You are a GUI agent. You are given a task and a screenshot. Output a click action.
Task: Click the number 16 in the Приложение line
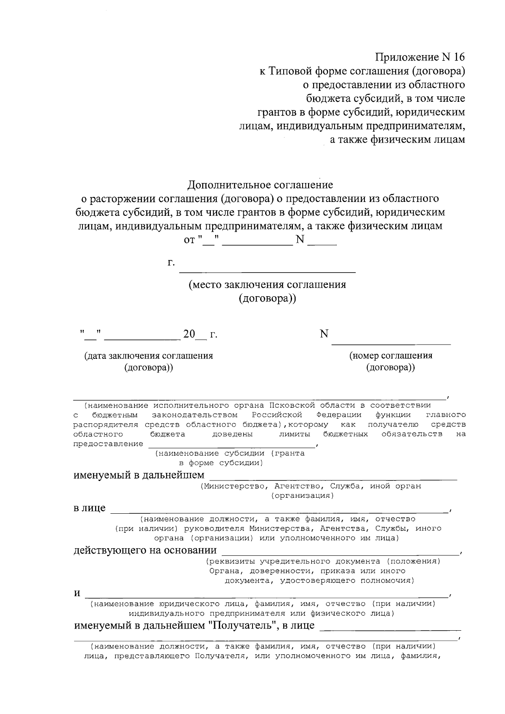458,57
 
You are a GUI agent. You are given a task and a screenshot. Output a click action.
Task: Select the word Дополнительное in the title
227,185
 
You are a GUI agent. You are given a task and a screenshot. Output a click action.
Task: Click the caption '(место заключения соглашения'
267,285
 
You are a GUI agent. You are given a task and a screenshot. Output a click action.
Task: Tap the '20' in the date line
189,334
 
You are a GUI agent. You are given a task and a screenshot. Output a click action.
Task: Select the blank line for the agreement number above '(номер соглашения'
391,344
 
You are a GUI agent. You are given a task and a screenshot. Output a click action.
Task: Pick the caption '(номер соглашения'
391,356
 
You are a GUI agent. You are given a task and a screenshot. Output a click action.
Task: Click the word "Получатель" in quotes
242,625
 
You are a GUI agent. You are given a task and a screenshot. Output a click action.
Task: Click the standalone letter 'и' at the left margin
77,594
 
